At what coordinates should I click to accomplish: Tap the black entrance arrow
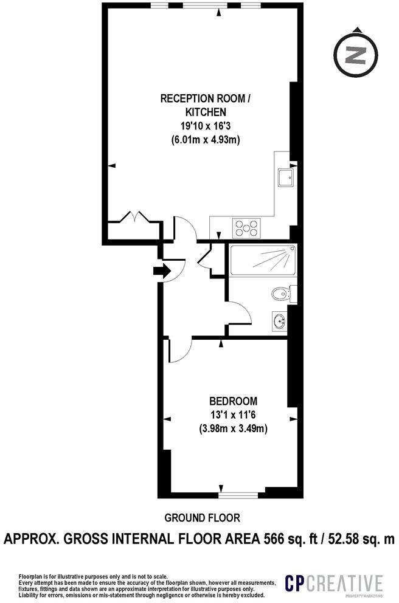pyautogui.click(x=162, y=270)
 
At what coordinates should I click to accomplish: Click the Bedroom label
pyautogui.click(x=233, y=401)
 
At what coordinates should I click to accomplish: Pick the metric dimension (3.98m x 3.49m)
pyautogui.click(x=233, y=429)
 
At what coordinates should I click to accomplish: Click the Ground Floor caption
pyautogui.click(x=203, y=518)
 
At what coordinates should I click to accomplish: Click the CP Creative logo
pyautogui.click(x=334, y=584)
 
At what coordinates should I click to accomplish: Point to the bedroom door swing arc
pyautogui.click(x=181, y=350)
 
